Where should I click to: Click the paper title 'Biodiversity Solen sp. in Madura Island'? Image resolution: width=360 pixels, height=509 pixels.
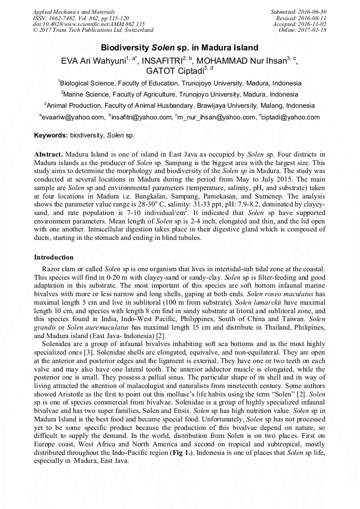point(179,47)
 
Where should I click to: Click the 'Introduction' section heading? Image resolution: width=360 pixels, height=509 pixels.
point(54,257)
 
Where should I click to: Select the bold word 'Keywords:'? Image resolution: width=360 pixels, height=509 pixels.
point(50,135)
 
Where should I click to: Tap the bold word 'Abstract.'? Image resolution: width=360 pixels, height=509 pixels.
point(49,154)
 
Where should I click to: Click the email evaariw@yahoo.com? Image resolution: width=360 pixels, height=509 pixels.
point(73,117)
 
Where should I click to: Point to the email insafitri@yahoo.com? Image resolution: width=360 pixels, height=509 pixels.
point(140,117)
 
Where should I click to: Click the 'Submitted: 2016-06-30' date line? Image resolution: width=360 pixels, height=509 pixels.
point(298,11)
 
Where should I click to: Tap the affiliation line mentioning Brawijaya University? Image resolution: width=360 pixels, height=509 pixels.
point(179,105)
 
